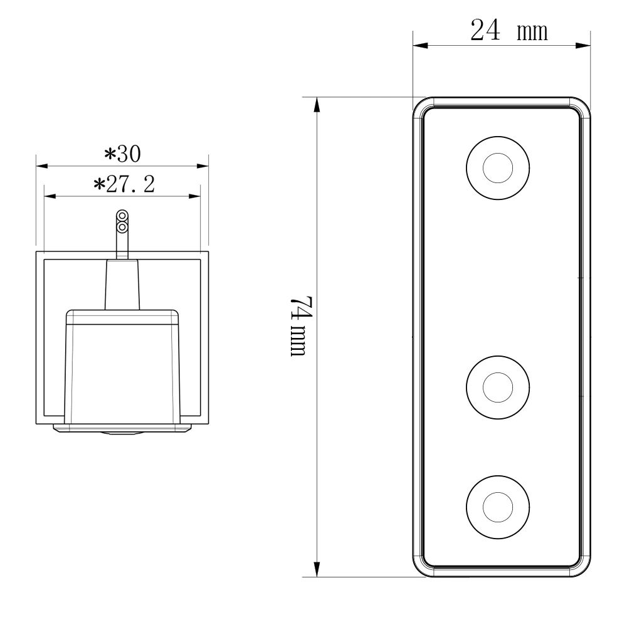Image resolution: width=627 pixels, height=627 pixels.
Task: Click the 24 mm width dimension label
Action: tap(508, 31)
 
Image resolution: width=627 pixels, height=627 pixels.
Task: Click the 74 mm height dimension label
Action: tap(299, 325)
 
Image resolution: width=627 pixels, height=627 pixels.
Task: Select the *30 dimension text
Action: tap(122, 153)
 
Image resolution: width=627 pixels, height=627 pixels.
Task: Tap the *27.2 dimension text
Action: tap(123, 184)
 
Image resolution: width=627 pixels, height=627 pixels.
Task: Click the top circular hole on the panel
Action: tap(498, 167)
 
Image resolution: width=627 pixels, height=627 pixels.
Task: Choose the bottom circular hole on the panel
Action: tap(498, 505)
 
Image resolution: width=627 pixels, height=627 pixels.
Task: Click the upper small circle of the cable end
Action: tap(122, 217)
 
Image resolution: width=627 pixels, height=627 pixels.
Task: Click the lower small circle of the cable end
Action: tap(122, 227)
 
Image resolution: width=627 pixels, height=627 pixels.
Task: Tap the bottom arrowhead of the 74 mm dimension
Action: tap(317, 569)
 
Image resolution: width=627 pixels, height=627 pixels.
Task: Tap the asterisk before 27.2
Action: tap(98, 185)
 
